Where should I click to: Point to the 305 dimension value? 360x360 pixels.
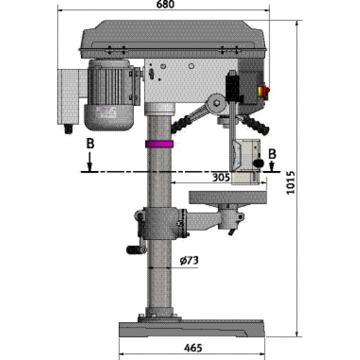221,177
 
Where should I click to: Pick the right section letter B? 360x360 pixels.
273,153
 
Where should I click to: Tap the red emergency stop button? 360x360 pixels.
263,91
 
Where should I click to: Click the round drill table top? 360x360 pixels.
227,195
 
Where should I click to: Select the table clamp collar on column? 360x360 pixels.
159,223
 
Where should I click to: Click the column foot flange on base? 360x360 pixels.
159,314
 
